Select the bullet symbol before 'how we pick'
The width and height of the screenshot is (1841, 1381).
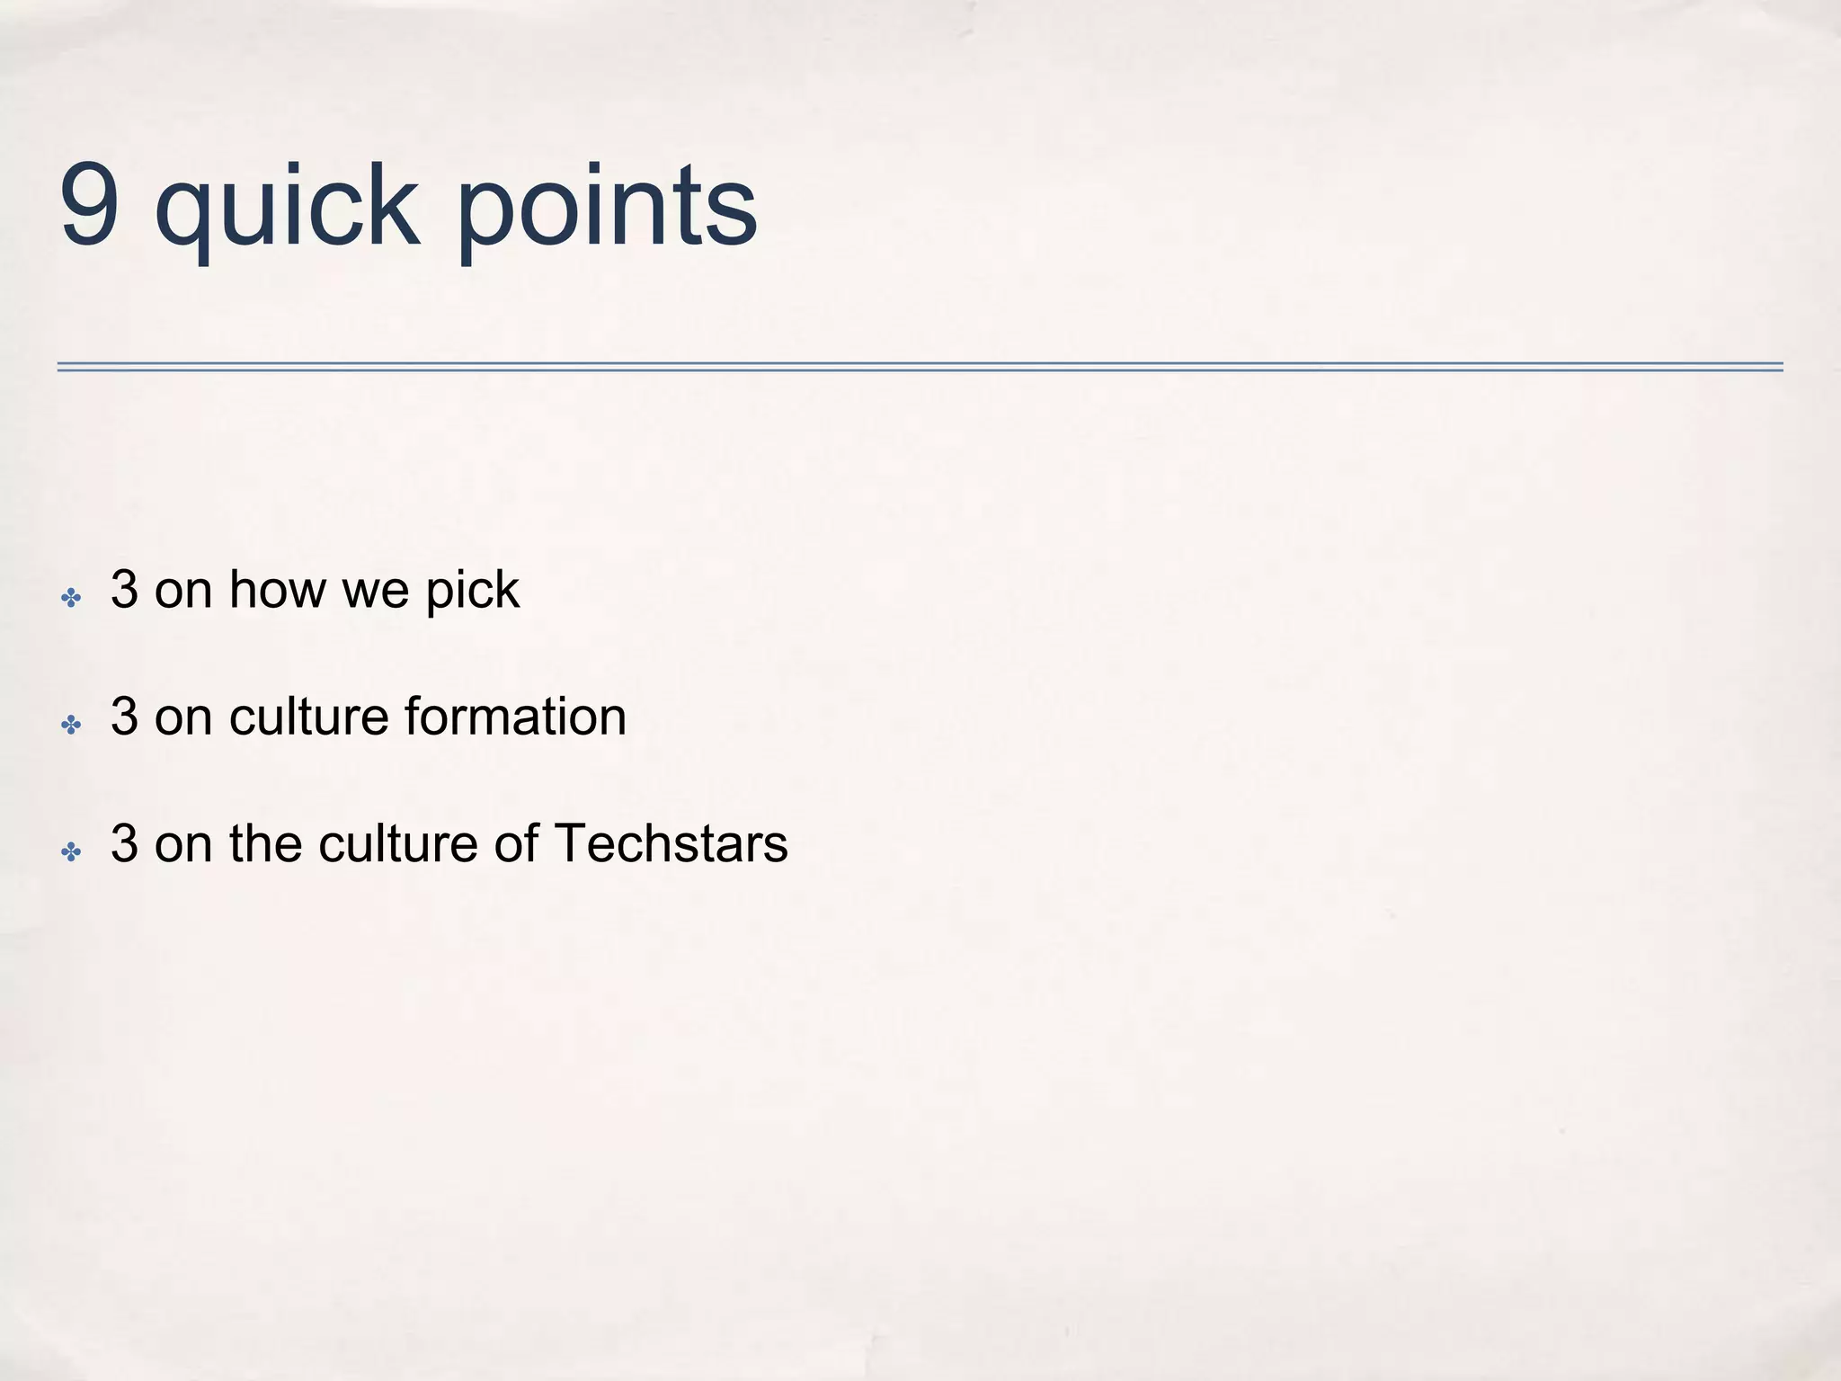click(x=71, y=597)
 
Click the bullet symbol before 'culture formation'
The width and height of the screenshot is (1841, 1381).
click(x=71, y=724)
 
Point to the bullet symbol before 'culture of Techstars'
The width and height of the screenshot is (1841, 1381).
click(x=71, y=851)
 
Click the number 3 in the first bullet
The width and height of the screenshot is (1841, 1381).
click(x=124, y=591)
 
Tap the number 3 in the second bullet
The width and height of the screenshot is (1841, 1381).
click(x=124, y=717)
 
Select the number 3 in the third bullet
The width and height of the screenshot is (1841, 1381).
click(x=124, y=844)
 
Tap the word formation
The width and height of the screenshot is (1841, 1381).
click(x=515, y=717)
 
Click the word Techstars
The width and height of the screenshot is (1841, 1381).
click(x=671, y=844)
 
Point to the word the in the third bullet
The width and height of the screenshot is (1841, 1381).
click(x=265, y=844)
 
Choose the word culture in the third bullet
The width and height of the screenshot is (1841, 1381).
click(x=398, y=844)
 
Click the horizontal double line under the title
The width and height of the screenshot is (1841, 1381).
click(x=920, y=367)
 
